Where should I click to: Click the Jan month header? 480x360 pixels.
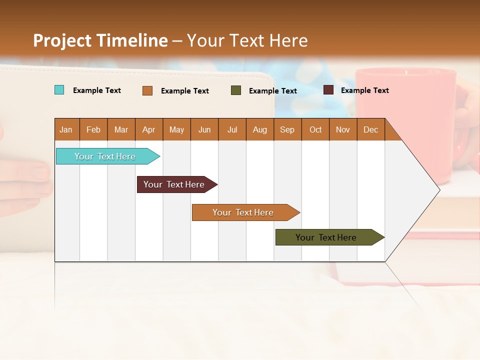point(66,129)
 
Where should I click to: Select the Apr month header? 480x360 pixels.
point(148,129)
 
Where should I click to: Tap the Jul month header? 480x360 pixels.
point(232,129)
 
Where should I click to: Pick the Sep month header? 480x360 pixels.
point(287,129)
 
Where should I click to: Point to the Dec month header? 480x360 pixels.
point(370,129)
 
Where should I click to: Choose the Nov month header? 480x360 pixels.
point(343,129)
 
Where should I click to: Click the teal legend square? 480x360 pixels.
point(59,90)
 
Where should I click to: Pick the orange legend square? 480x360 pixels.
point(147,90)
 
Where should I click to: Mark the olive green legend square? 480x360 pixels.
point(236,90)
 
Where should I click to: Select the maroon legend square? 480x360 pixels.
point(328,90)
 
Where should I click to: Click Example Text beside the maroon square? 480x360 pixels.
point(364,90)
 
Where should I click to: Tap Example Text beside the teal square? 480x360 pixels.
point(96,90)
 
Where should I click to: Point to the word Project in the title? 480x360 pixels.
point(62,40)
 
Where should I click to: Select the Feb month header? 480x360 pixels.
point(93,129)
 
